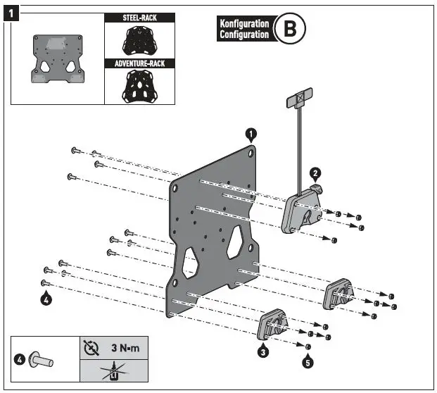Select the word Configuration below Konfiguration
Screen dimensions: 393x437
pos(244,35)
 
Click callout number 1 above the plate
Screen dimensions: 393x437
pos(251,133)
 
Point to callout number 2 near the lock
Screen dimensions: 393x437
pos(315,173)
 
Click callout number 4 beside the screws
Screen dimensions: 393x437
pos(46,299)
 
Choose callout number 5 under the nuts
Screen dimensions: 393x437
pos(307,363)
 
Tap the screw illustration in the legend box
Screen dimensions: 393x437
pos(44,360)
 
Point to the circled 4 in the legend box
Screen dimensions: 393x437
pos(20,360)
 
